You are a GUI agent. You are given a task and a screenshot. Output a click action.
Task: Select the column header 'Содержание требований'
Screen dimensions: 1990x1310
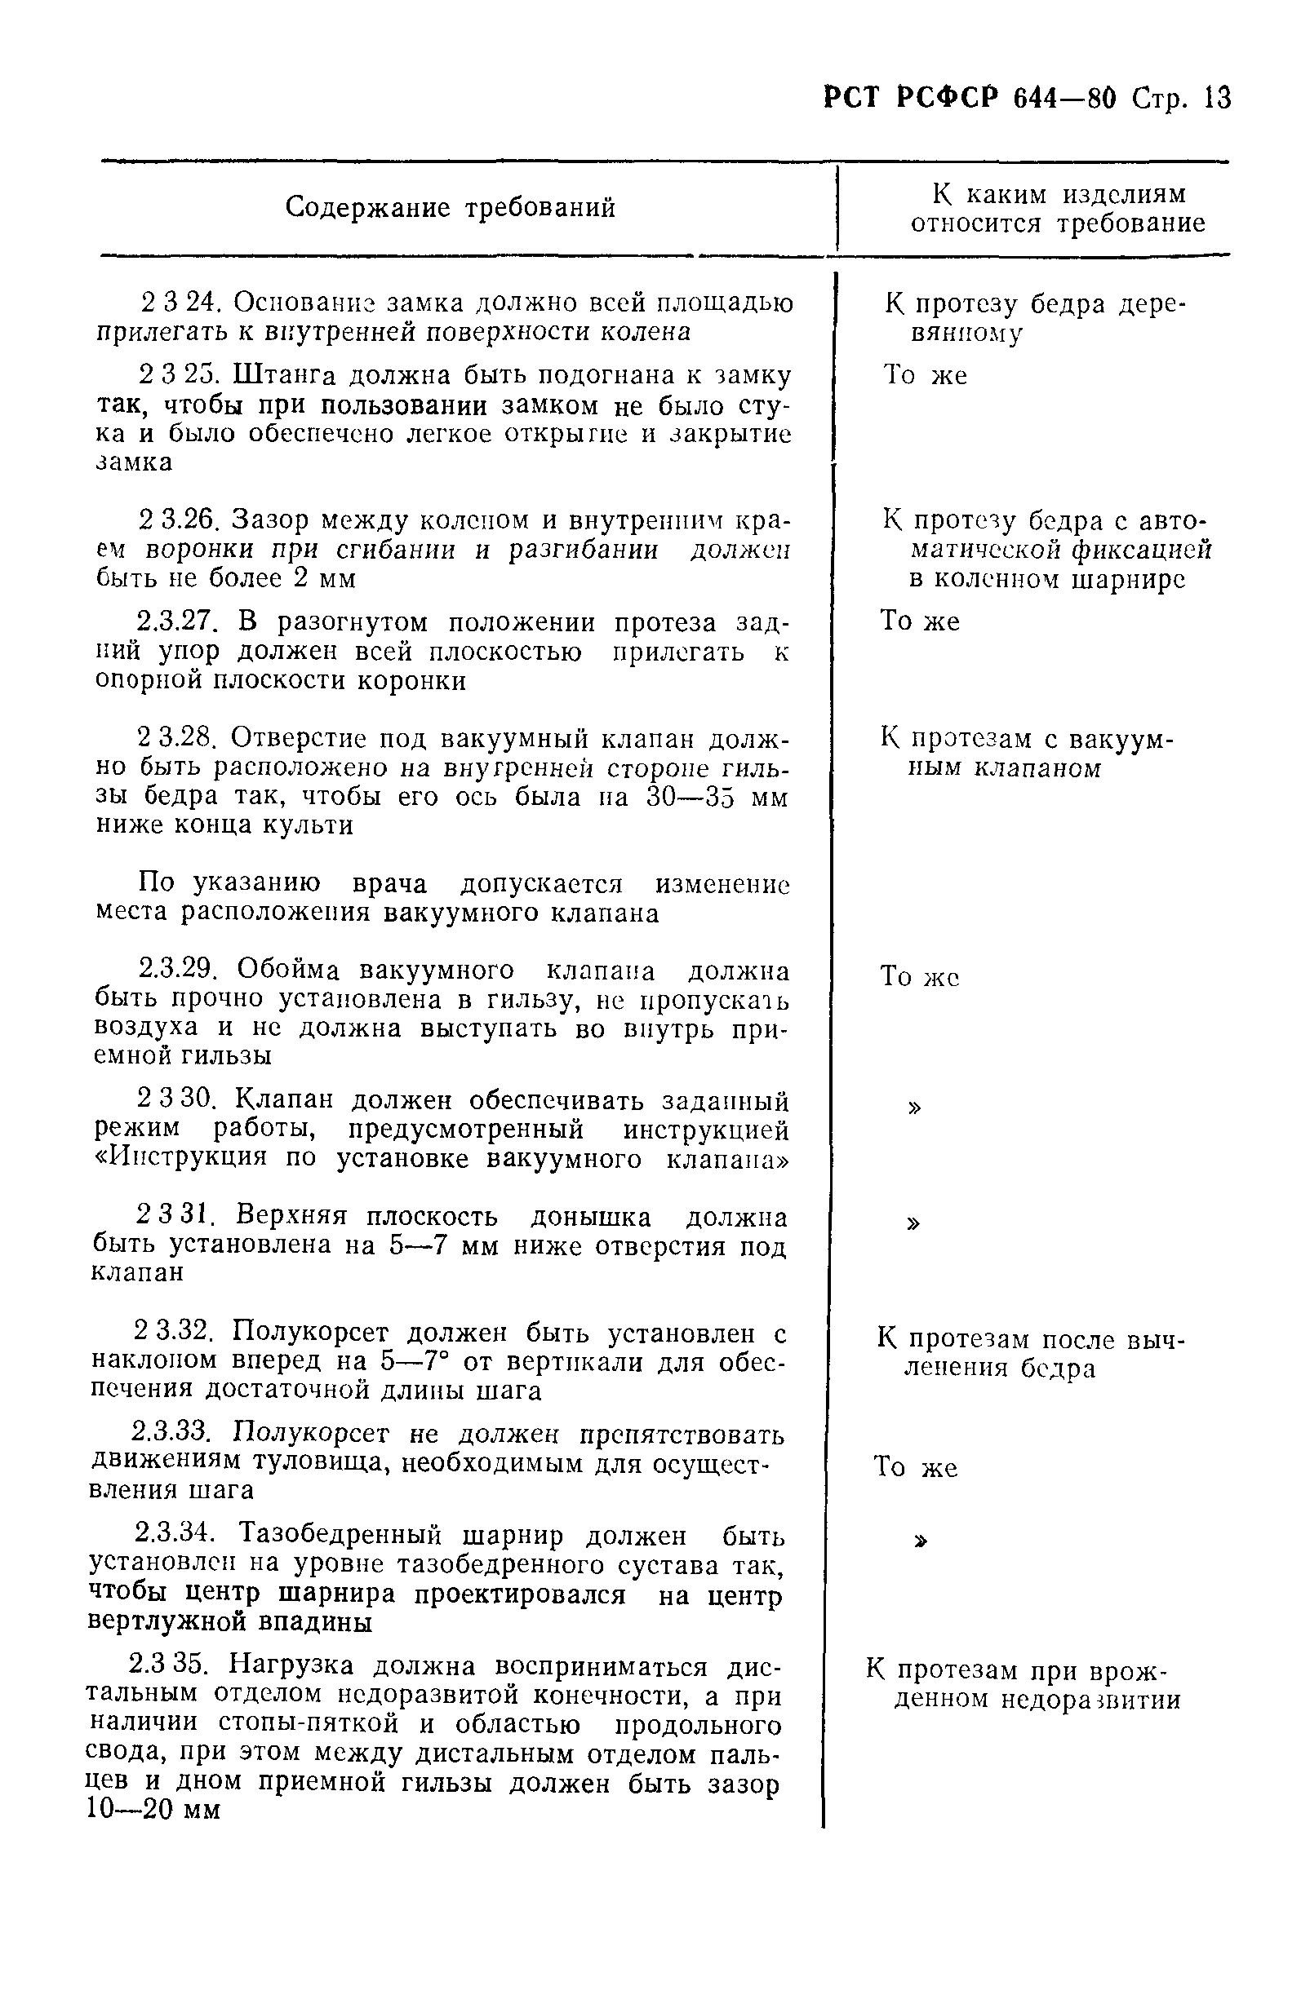(x=450, y=206)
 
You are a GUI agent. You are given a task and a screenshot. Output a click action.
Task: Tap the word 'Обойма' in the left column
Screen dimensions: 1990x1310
(x=289, y=970)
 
